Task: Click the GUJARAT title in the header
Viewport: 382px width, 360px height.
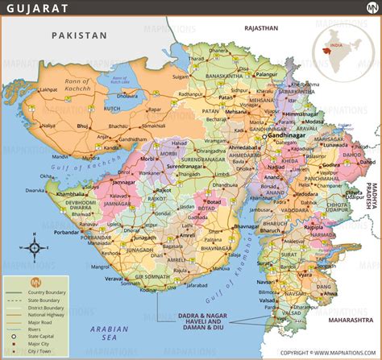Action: point(32,9)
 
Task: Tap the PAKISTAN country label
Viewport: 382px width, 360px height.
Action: point(78,35)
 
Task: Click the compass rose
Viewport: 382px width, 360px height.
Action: point(35,247)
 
